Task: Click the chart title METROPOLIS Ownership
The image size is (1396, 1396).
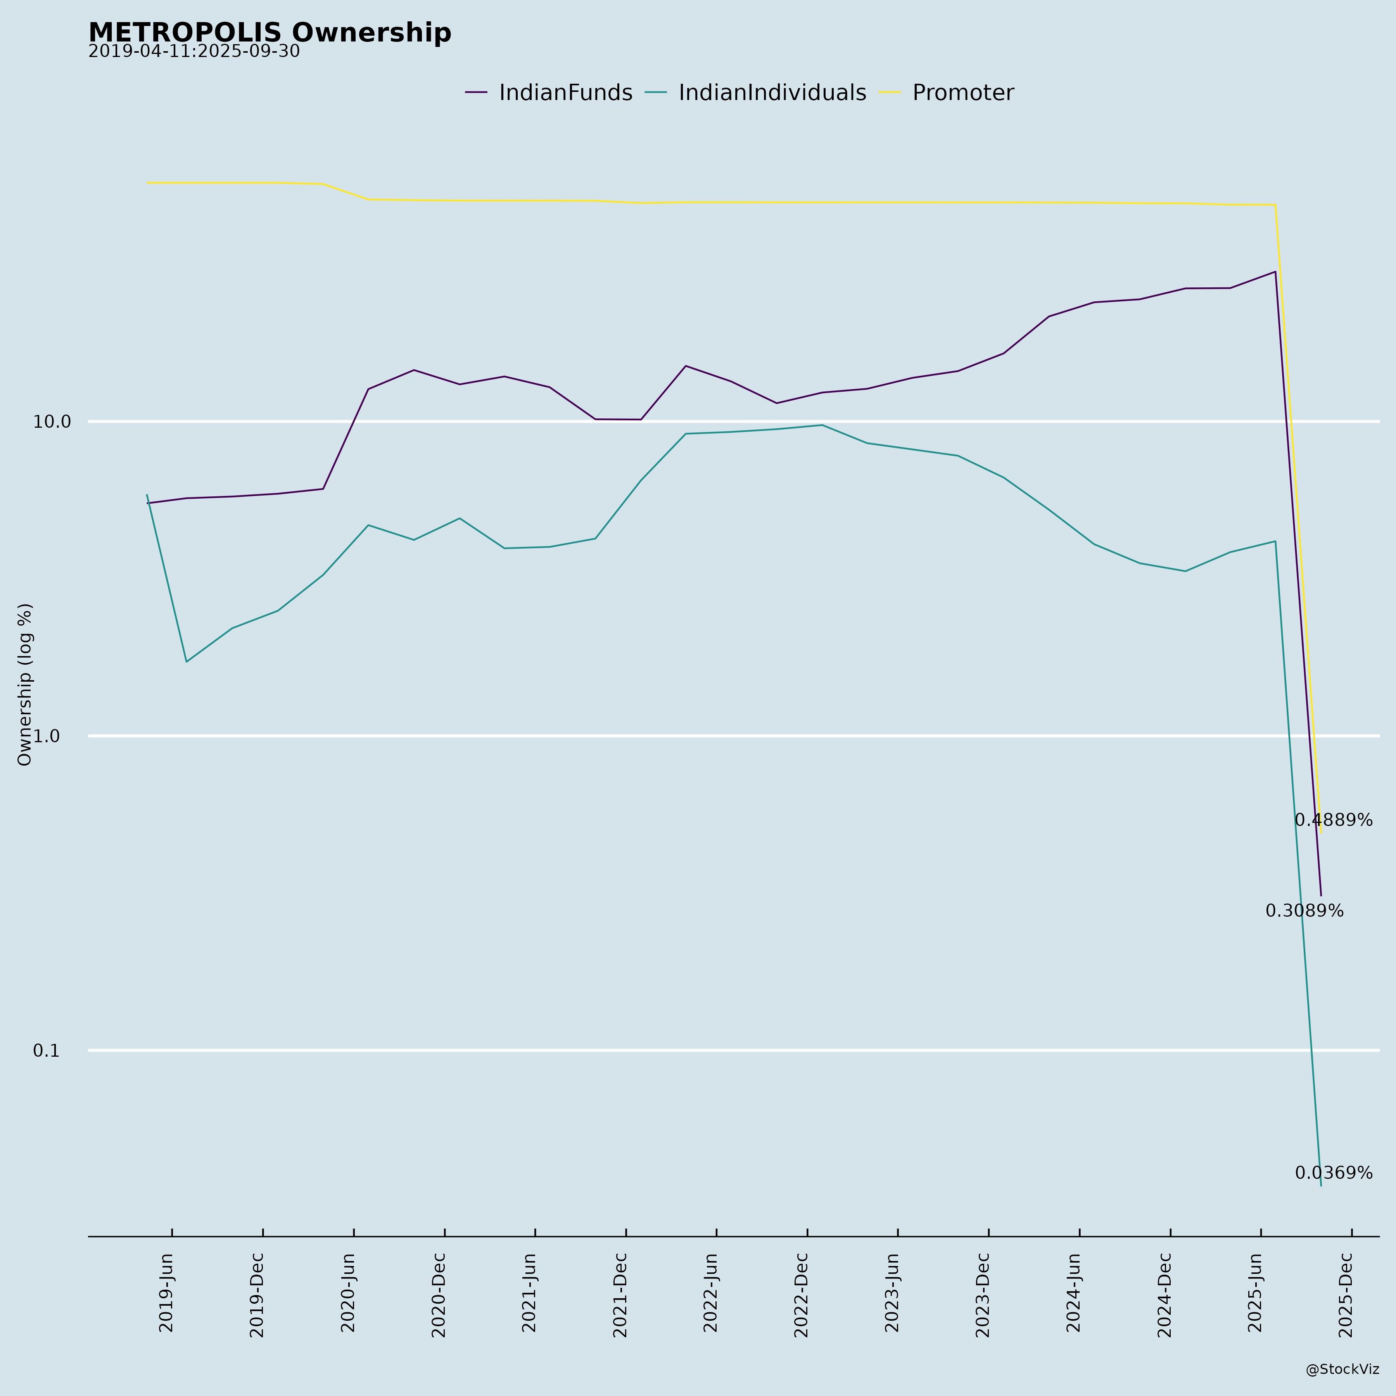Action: (270, 33)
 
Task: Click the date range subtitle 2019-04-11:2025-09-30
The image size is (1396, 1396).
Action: (194, 52)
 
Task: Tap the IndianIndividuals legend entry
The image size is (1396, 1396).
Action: (772, 93)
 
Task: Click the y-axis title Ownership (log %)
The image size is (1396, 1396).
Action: (25, 684)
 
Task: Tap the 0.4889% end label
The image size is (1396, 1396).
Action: (1333, 820)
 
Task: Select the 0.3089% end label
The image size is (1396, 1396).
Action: (1304, 911)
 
